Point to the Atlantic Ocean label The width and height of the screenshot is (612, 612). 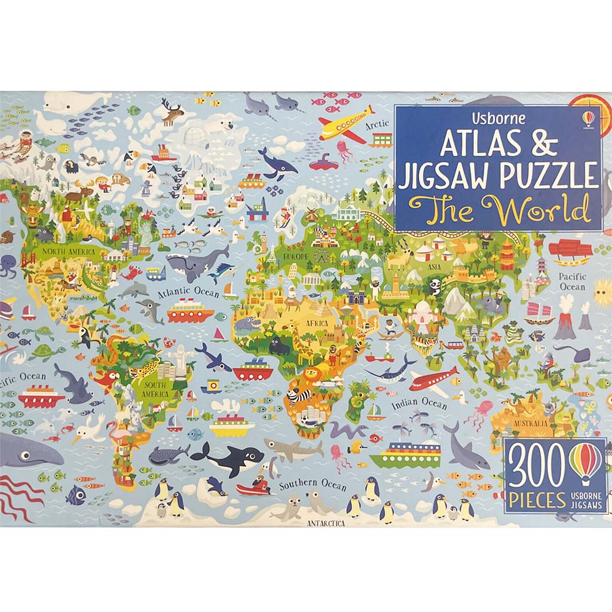[x=189, y=292]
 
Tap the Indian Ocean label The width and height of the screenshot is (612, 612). [x=419, y=403]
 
